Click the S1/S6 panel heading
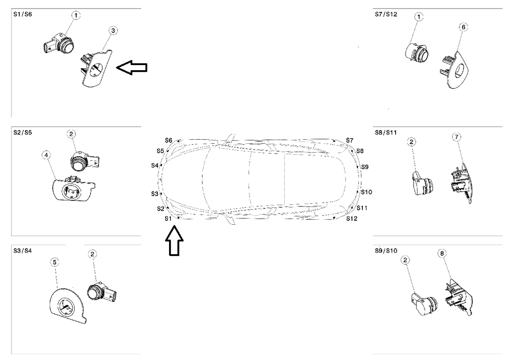(22, 15)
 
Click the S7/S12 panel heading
(386, 15)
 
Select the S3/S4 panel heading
(22, 251)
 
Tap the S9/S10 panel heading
(386, 251)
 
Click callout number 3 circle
(113, 31)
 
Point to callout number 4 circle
(46, 155)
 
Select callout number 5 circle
(55, 261)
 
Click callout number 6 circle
(463, 26)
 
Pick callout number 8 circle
(442, 254)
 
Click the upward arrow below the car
(174, 241)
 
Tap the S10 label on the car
(366, 192)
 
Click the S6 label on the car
(169, 140)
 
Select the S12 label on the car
(352, 218)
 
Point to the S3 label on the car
(155, 193)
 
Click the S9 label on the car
(365, 167)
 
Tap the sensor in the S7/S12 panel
(417, 52)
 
